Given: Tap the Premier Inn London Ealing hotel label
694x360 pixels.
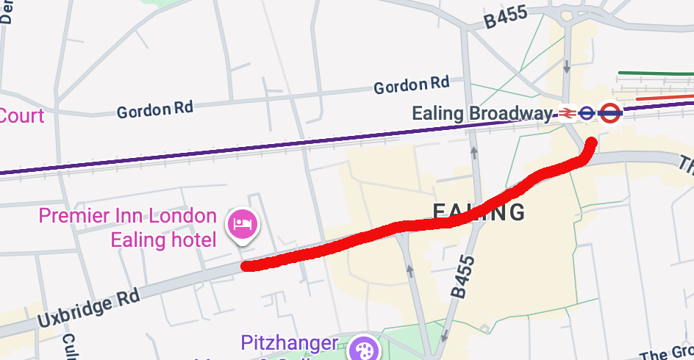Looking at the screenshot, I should click(x=127, y=228).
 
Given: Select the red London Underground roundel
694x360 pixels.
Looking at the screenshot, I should click(x=609, y=113).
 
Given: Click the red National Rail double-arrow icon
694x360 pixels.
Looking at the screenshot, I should click(x=566, y=113).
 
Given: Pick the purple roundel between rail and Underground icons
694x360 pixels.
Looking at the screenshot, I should click(x=587, y=113).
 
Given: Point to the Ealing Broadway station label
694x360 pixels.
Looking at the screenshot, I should click(x=482, y=114).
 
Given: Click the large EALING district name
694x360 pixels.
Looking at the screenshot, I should click(x=479, y=212).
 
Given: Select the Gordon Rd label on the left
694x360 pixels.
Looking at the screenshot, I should click(x=154, y=110).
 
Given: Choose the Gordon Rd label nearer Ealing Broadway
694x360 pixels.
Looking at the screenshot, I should click(x=411, y=86).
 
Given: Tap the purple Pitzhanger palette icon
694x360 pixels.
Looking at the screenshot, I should click(x=363, y=349).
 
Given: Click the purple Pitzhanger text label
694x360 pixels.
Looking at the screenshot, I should click(x=290, y=344).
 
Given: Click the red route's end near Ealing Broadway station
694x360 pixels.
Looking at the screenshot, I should click(x=591, y=143).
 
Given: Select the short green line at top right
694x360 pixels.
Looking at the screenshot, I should click(x=654, y=73).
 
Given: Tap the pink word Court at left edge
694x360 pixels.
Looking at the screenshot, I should click(x=21, y=116).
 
